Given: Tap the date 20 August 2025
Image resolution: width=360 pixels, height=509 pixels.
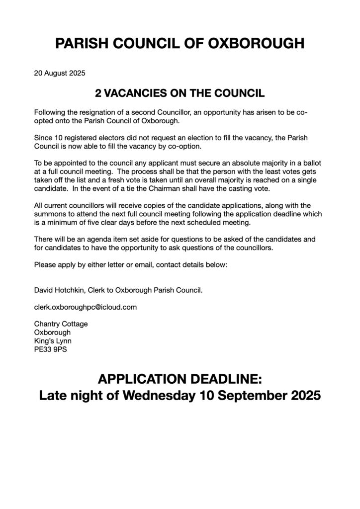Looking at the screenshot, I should point(60,74).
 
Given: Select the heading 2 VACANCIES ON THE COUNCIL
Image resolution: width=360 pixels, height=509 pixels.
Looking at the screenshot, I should point(180,93).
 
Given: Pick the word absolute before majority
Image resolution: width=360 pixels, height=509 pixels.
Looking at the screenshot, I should point(230,162).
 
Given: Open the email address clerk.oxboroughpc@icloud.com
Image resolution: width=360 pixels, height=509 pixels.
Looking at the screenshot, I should point(85,307).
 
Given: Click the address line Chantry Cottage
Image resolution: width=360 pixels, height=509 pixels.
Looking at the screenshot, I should point(61,324).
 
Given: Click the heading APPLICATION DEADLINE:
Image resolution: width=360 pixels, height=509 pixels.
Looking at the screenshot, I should point(180,380).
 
